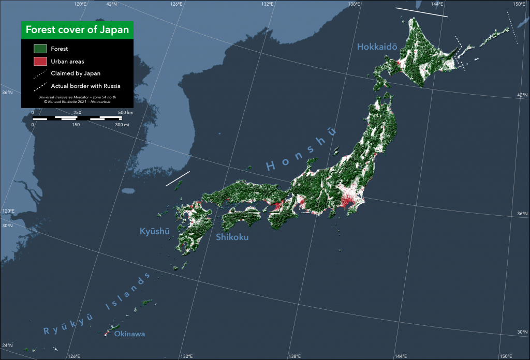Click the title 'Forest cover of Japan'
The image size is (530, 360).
pyautogui.click(x=77, y=29)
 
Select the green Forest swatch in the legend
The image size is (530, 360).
pyautogui.click(x=40, y=49)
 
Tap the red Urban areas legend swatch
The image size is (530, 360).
pyautogui.click(x=40, y=62)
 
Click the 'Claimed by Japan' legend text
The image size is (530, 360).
pyautogui.click(x=76, y=73)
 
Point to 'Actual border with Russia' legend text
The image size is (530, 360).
pyautogui.click(x=85, y=86)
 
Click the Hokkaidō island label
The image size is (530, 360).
pyautogui.click(x=377, y=47)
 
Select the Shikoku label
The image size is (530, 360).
pyautogui.click(x=232, y=237)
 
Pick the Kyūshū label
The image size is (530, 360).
pyautogui.click(x=155, y=231)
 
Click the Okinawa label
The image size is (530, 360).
pyautogui.click(x=129, y=334)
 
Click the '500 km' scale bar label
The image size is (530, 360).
pyautogui.click(x=125, y=112)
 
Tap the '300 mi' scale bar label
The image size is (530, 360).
pyautogui.click(x=122, y=125)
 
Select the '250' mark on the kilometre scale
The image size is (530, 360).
pyautogui.click(x=77, y=112)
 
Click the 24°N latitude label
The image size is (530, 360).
pyautogui.click(x=7, y=346)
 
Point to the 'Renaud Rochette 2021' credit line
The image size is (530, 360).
pyautogui.click(x=77, y=102)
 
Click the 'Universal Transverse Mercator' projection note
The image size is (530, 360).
pyautogui.click(x=77, y=97)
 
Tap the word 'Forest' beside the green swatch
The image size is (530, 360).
pyautogui.click(x=60, y=49)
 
